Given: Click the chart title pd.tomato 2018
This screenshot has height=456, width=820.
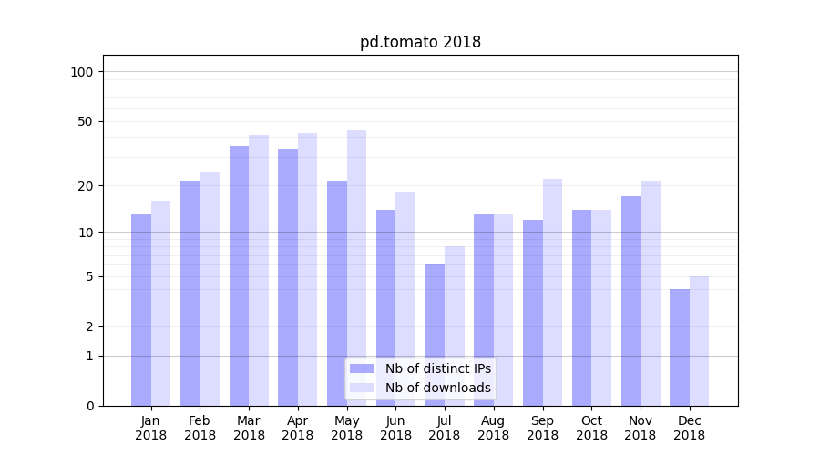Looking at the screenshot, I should tap(420, 42).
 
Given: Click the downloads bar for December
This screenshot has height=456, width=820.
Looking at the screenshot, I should tap(699, 341).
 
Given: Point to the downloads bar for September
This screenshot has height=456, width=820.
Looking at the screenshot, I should tap(552, 292).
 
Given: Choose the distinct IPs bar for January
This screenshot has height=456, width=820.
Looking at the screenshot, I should tap(141, 310).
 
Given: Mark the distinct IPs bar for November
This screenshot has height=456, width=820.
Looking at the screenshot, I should tap(630, 301).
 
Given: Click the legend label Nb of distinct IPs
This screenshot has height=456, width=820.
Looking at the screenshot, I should tap(437, 368).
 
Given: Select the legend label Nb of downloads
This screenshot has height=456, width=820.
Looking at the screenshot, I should tap(437, 388).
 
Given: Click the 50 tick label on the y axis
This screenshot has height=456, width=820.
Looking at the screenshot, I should tap(86, 121).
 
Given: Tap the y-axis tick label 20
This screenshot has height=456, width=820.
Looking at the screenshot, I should tap(86, 186).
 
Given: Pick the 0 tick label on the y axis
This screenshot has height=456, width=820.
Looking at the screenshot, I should tap(89, 406).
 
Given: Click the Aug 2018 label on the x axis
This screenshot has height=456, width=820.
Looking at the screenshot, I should tap(494, 428).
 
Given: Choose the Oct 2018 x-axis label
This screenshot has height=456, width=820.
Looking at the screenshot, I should tap(591, 428).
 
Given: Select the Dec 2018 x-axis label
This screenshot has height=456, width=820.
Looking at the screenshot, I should tap(689, 428).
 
